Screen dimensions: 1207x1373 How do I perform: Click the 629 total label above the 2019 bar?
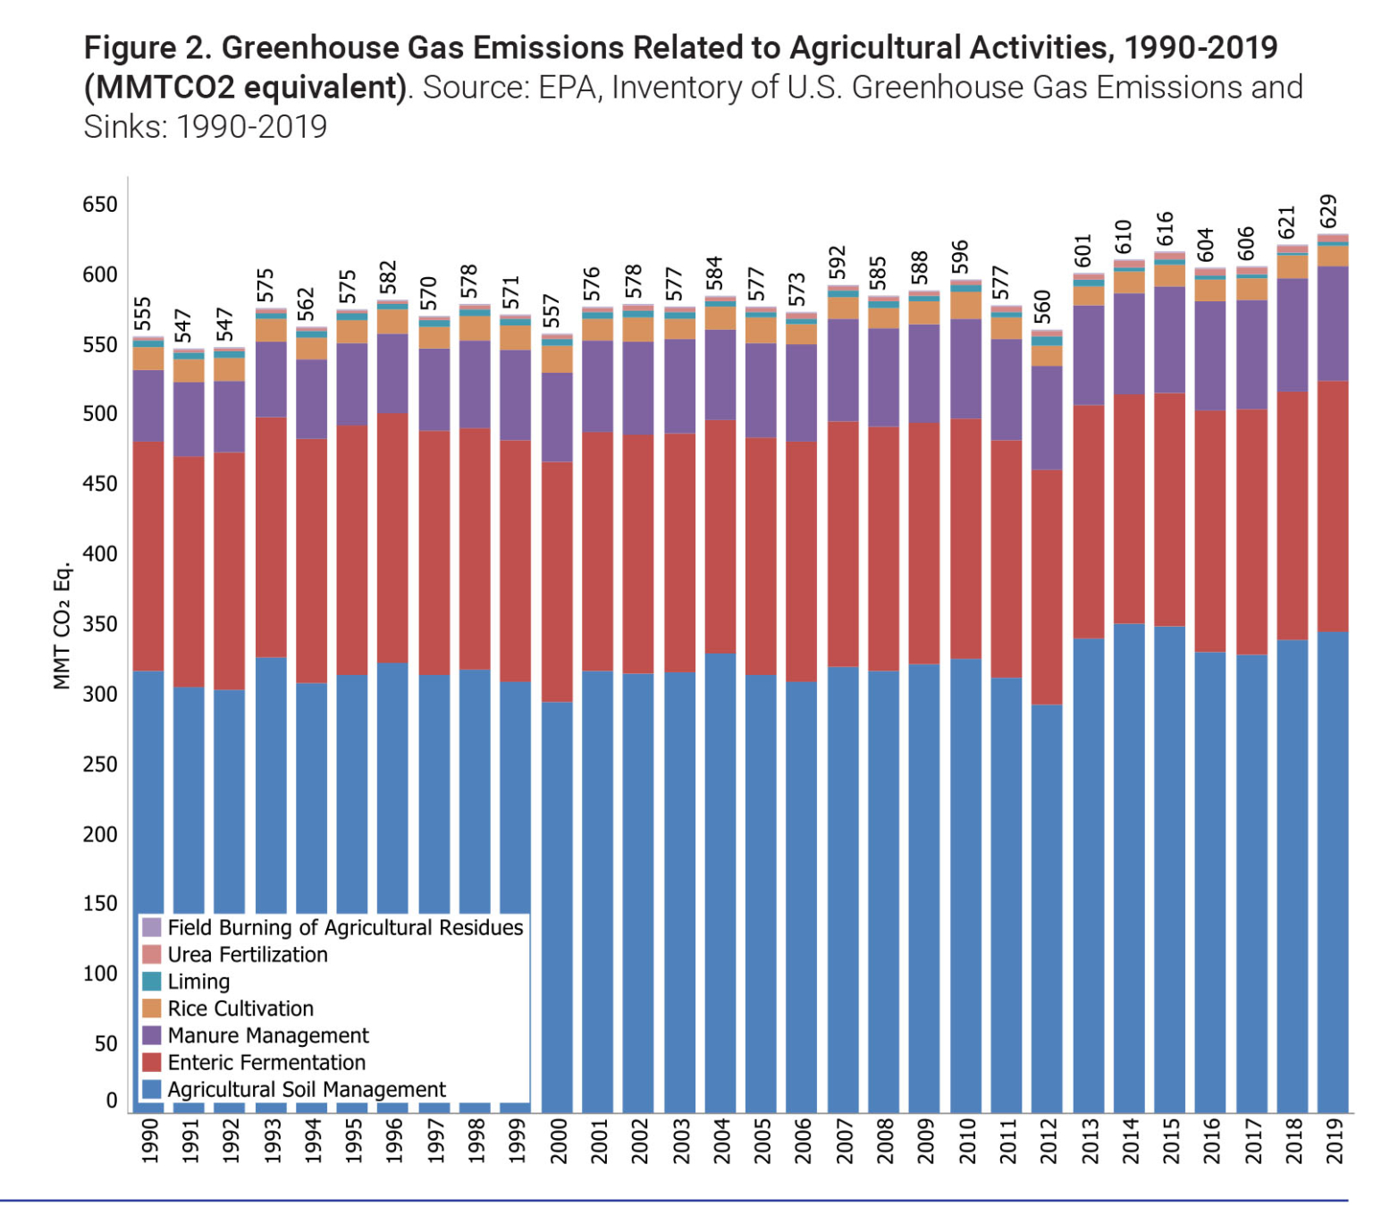1328,211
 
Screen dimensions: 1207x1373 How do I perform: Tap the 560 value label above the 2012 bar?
1042,308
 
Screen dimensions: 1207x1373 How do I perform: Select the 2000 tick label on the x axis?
559,1141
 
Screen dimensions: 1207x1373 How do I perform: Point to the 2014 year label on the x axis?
1131,1141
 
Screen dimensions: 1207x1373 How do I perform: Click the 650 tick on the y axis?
100,205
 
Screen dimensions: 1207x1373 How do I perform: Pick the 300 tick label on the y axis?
100,694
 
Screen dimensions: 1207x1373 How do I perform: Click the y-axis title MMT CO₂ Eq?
62,626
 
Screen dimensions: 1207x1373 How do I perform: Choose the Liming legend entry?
198,982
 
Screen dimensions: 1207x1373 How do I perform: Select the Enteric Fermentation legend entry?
266,1062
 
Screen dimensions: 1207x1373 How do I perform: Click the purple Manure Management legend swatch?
152,1035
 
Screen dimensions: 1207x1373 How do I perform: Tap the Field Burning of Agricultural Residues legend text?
345,928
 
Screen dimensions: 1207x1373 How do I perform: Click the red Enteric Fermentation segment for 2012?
1047,587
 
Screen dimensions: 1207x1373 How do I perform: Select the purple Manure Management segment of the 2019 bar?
1333,324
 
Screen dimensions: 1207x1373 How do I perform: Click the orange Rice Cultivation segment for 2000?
558,359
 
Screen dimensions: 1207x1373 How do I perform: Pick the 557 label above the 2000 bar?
552,311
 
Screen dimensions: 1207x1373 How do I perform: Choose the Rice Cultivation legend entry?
240,1009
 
